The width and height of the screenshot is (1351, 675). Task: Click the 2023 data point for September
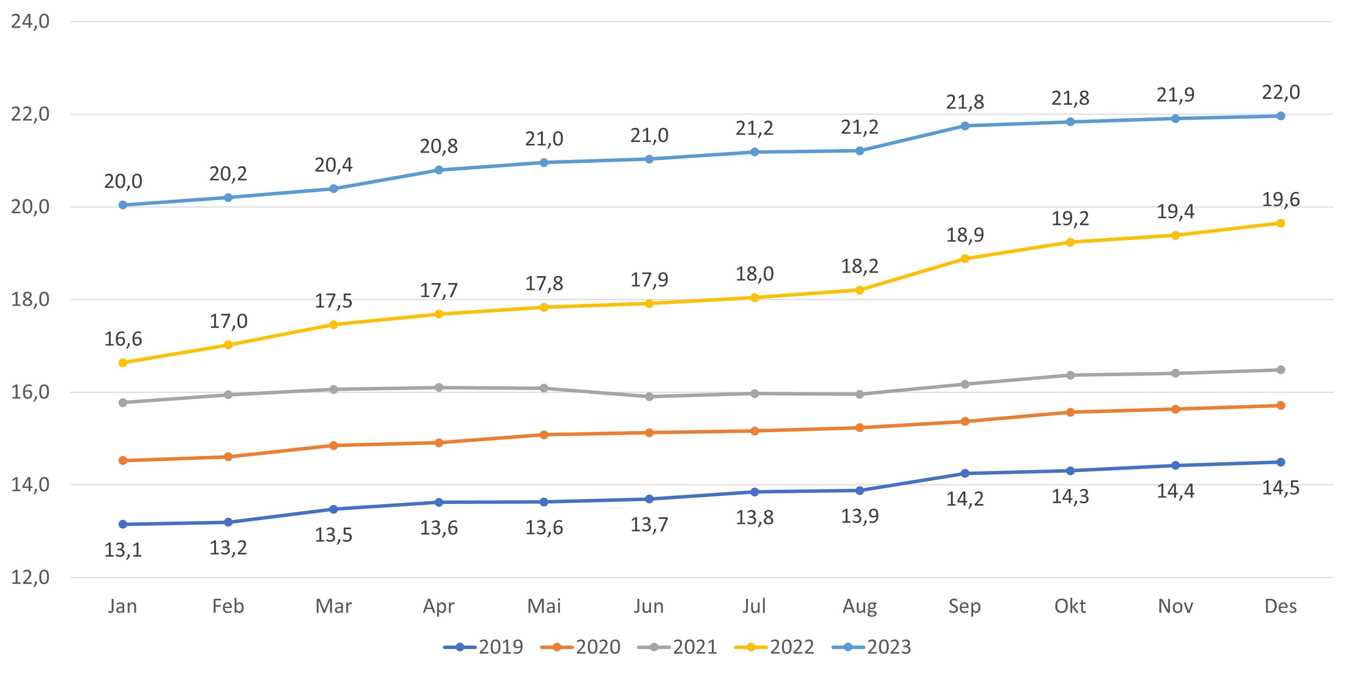click(x=965, y=126)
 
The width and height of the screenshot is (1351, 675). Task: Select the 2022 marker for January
click(x=123, y=363)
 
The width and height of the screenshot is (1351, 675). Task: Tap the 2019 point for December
click(x=1280, y=462)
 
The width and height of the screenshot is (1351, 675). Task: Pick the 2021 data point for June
click(x=649, y=397)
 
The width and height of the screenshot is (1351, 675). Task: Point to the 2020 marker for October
click(x=1070, y=412)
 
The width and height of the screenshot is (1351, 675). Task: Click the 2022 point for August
click(x=860, y=290)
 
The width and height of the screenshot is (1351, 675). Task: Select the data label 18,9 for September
click(x=965, y=235)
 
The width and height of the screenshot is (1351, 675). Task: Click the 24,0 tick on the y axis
click(x=30, y=21)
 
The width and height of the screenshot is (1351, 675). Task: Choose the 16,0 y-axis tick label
click(x=30, y=392)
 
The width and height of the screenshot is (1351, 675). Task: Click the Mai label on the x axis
click(x=544, y=606)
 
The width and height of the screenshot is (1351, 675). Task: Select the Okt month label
click(x=1070, y=606)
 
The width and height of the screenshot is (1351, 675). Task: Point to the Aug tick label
click(x=860, y=606)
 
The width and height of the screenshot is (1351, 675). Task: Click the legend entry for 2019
click(x=483, y=647)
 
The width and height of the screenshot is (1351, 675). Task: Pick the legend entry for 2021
click(x=677, y=647)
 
